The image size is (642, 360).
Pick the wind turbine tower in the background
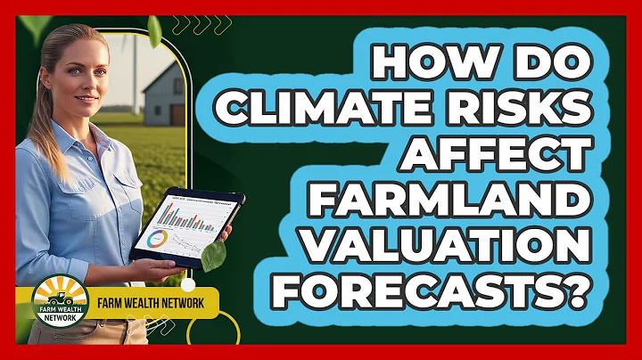pos(135,71)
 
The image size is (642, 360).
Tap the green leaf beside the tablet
pos(213,258)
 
